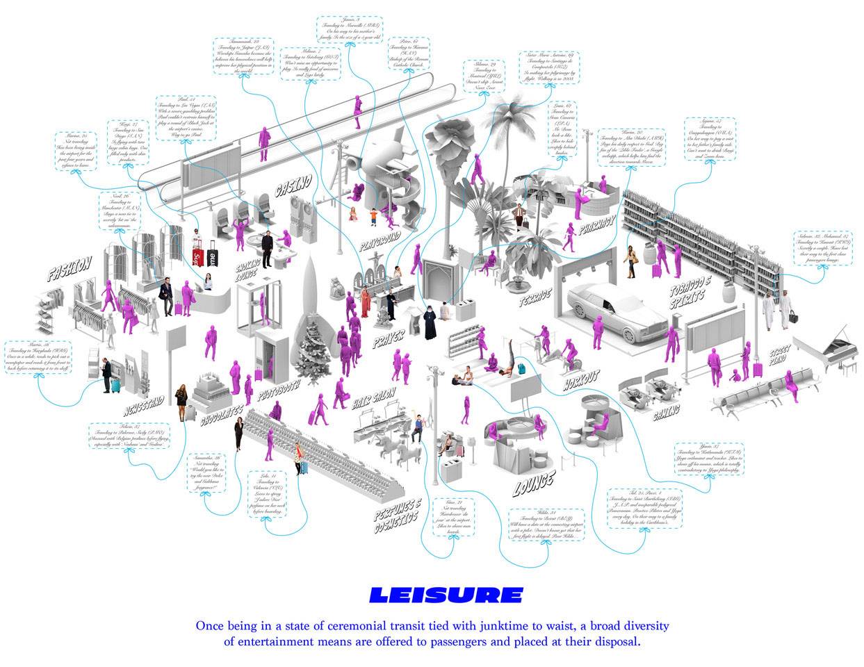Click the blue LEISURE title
click(x=446, y=595)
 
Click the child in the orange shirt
click(x=373, y=217)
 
